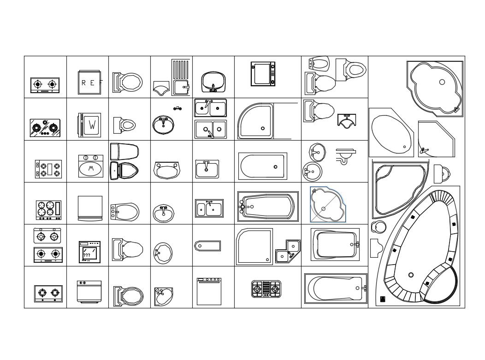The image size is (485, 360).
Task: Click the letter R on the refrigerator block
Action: tap(83, 83)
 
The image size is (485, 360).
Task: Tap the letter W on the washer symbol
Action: tap(92, 125)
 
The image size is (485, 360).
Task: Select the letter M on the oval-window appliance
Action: tap(91, 169)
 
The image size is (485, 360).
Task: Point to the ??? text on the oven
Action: tap(87, 255)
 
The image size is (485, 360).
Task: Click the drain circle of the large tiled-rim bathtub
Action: tap(411, 275)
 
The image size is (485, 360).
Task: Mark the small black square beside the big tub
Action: tap(383, 299)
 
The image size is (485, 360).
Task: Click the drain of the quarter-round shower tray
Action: tap(263, 129)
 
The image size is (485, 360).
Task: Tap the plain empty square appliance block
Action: tap(90, 207)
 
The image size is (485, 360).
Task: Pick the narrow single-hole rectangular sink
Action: tap(207, 246)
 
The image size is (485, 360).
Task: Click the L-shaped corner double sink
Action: tap(288, 251)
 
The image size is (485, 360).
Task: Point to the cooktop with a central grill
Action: tap(266, 289)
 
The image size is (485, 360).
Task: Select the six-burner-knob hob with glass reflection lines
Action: tap(45, 128)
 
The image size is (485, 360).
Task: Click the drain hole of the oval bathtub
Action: tap(404, 147)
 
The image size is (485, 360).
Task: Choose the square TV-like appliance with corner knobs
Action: tap(263, 74)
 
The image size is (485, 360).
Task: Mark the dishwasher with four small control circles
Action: tap(208, 291)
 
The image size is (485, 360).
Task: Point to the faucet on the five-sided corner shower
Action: tap(424, 150)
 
